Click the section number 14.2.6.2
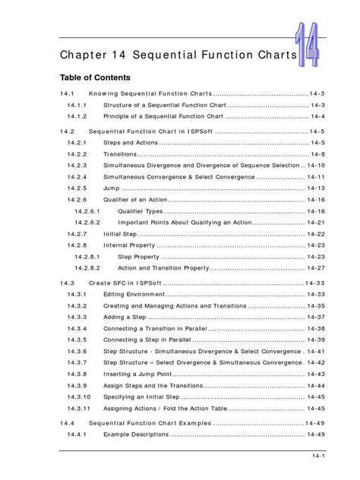[87, 223]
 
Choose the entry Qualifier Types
[140, 211]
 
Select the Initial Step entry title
[121, 234]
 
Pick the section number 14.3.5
[77, 339]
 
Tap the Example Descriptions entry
[135, 434]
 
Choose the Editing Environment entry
[133, 294]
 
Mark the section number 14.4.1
[77, 434]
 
